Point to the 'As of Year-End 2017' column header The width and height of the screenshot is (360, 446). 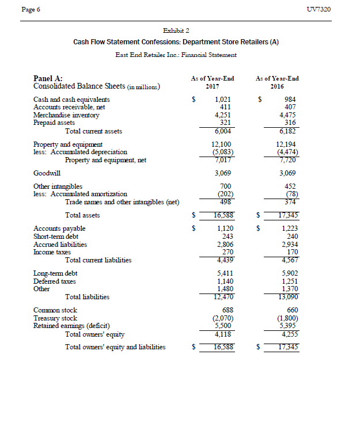point(212,82)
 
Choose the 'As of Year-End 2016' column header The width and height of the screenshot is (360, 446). point(278,82)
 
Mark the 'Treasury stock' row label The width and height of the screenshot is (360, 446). point(55,318)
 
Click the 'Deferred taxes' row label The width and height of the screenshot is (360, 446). point(55,281)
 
